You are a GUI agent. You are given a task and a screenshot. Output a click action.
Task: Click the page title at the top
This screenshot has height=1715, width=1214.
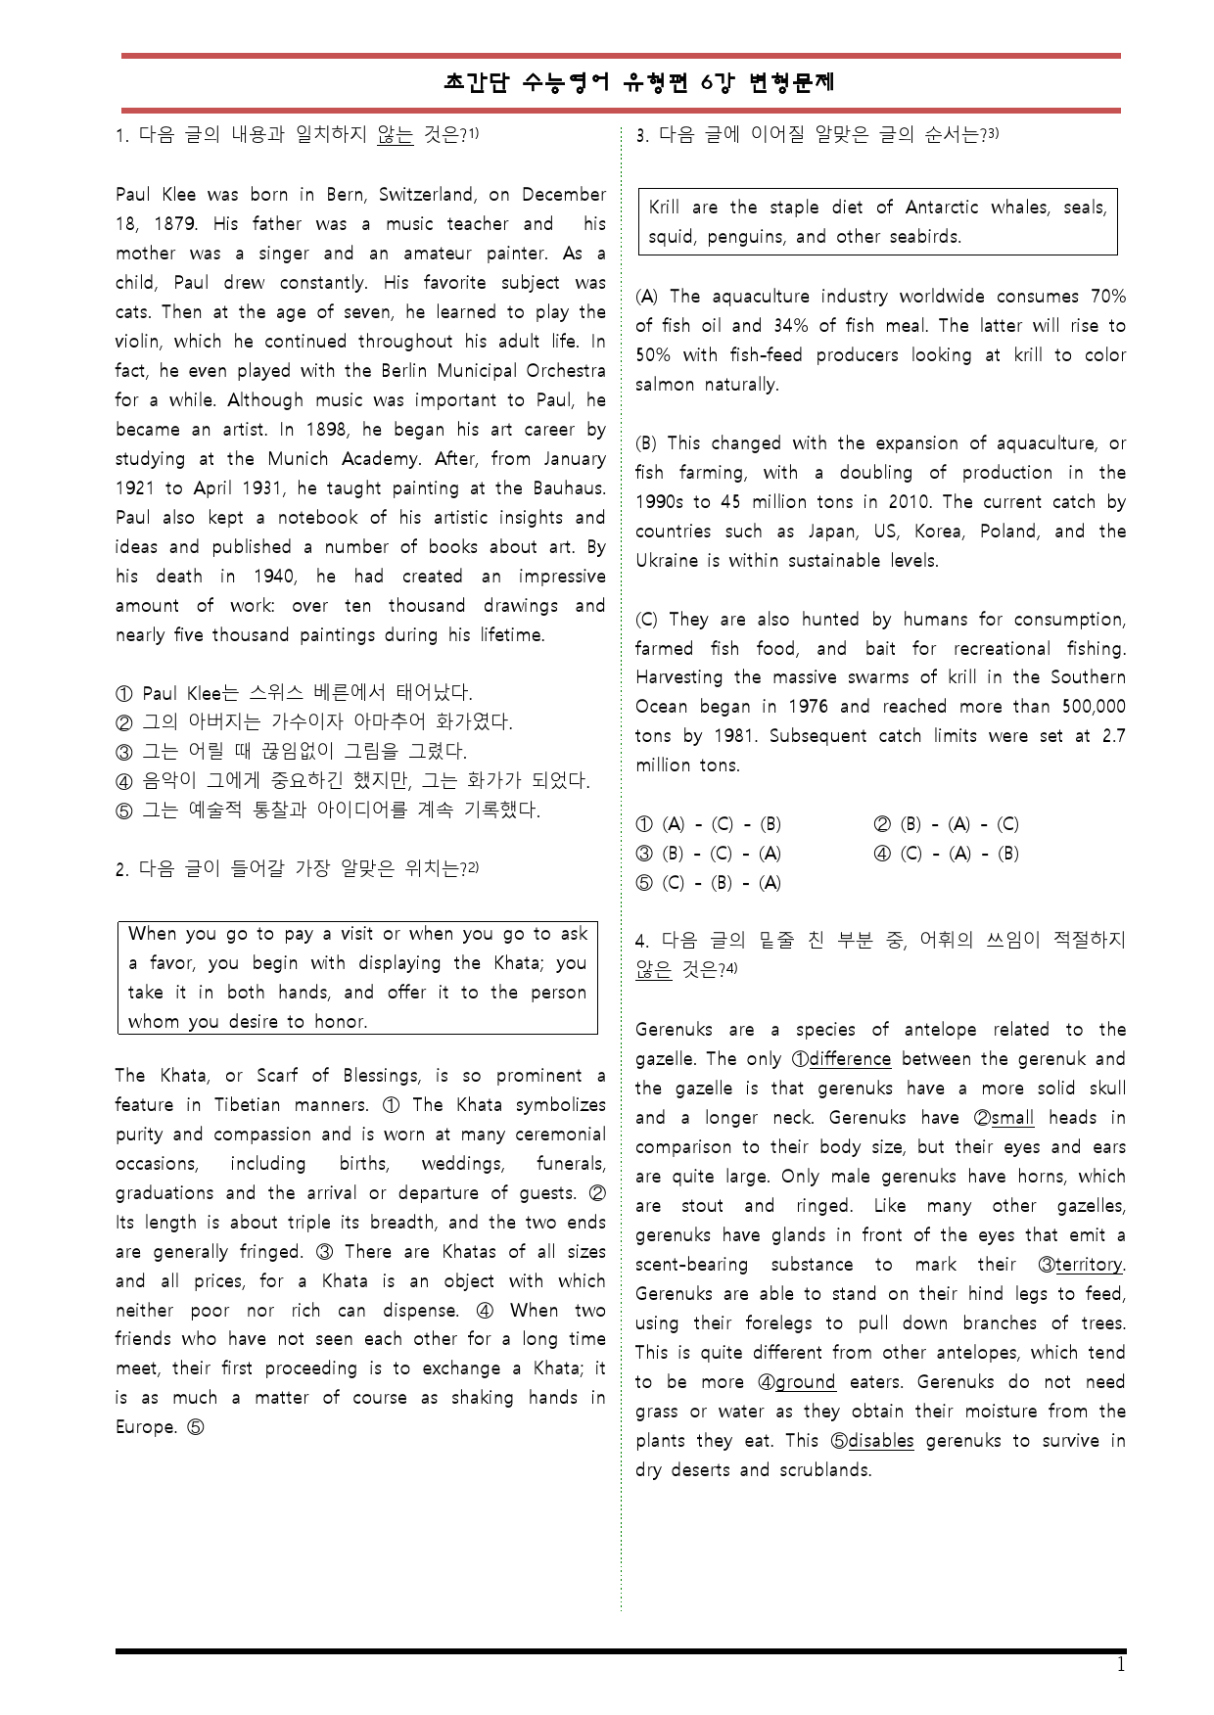pyautogui.click(x=639, y=83)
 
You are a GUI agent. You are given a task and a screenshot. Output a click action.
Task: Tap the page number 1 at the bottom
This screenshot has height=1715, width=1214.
pyautogui.click(x=1121, y=1665)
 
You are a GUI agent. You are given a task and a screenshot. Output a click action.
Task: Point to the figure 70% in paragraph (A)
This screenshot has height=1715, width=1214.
pyautogui.click(x=1106, y=297)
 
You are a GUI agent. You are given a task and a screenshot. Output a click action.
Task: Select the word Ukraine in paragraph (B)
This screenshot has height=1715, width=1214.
pyautogui.click(x=667, y=561)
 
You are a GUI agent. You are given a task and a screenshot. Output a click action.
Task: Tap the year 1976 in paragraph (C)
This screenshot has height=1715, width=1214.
pyautogui.click(x=808, y=707)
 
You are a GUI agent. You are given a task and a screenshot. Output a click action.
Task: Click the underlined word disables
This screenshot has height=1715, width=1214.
pyautogui.click(x=880, y=1441)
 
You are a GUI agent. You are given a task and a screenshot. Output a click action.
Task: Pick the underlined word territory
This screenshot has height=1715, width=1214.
pyautogui.click(x=1088, y=1265)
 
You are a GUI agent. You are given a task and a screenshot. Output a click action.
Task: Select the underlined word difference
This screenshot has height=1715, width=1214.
pyautogui.click(x=849, y=1059)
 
